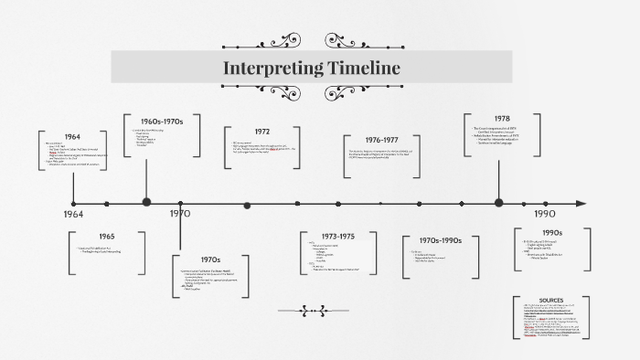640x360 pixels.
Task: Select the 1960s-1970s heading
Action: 162,122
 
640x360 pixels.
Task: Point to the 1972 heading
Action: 261,132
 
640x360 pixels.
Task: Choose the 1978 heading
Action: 502,119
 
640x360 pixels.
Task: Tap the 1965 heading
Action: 107,237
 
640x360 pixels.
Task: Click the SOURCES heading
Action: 551,300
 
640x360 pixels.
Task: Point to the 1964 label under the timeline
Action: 73,214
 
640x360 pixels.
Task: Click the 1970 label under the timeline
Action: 180,214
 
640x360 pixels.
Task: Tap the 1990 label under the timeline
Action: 546,213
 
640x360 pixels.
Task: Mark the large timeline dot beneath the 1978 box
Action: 498,203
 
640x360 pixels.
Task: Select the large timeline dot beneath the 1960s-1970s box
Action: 146,203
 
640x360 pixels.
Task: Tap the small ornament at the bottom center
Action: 312,311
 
